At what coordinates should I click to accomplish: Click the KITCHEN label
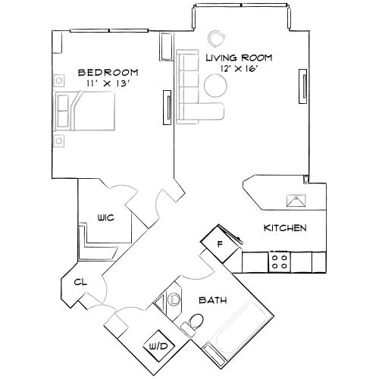(x=284, y=228)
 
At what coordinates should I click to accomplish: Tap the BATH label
(x=212, y=300)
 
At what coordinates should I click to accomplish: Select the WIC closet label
(x=105, y=218)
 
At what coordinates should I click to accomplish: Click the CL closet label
(x=78, y=282)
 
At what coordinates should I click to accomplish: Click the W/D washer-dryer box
(x=160, y=346)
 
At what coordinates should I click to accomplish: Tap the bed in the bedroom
(x=85, y=110)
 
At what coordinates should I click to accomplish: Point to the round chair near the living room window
(x=218, y=36)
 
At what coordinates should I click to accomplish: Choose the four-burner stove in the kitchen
(x=279, y=262)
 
